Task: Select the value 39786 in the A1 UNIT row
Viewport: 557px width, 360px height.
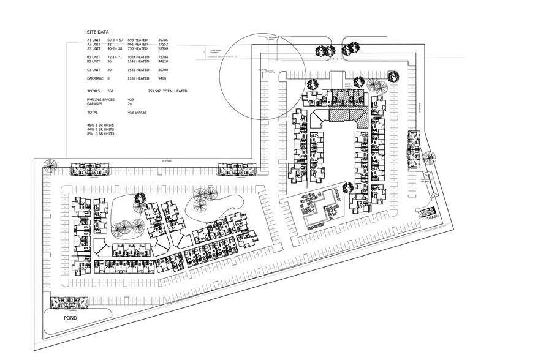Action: [164, 40]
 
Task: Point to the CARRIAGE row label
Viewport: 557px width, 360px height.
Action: [96, 78]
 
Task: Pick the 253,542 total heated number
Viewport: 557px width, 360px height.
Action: [158, 91]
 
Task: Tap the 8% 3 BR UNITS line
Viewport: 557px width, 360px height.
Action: [100, 134]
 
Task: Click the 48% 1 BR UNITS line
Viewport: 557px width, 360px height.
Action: [100, 126]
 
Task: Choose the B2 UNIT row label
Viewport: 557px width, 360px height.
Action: [95, 61]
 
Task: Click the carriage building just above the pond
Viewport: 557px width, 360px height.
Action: [67, 302]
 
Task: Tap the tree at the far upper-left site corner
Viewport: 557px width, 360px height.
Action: [49, 163]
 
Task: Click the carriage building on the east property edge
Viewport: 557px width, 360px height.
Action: [413, 149]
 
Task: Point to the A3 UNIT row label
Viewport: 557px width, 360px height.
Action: [95, 48]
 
